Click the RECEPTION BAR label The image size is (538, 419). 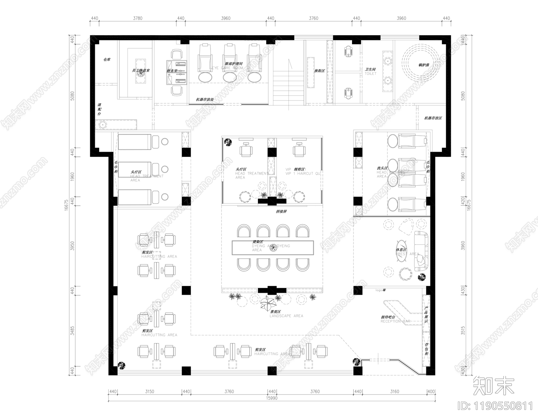tap(395, 321)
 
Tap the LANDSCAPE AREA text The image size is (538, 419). tap(286, 316)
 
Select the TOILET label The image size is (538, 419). tap(371, 73)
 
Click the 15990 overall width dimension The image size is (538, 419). tap(272, 398)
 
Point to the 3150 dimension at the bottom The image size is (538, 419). tap(149, 391)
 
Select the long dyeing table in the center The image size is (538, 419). tap(272, 248)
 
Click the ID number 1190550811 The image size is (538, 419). tap(496, 406)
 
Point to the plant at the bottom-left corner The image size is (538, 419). tap(121, 365)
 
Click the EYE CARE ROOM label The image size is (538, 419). tap(227, 68)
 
